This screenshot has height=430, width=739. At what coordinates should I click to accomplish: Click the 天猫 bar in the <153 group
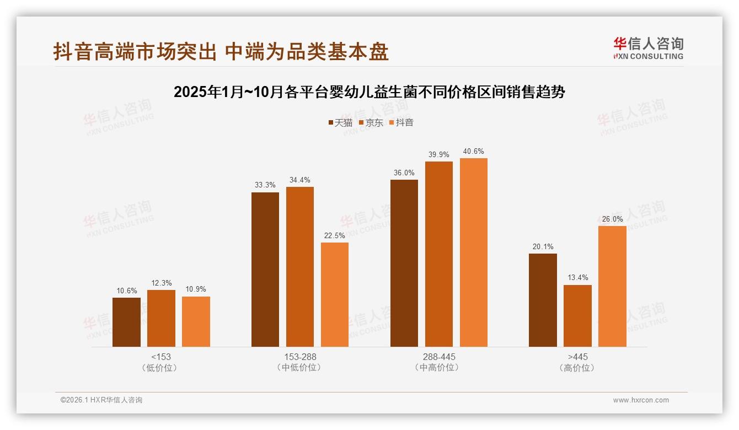tap(126, 322)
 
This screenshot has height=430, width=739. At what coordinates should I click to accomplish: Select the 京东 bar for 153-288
tap(299, 267)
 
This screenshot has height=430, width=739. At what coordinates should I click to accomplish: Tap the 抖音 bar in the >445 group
tap(612, 286)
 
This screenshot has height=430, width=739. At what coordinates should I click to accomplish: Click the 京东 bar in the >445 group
tap(577, 316)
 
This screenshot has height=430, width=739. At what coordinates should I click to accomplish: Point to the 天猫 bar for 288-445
tap(404, 263)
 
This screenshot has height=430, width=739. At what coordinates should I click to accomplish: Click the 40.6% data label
tap(473, 152)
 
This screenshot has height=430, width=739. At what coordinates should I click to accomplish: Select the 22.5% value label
tap(334, 235)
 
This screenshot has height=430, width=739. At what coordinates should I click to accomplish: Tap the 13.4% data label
tap(577, 278)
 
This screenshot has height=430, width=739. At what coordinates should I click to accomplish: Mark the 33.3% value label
tap(265, 185)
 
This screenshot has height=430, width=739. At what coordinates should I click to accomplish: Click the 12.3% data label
tap(160, 283)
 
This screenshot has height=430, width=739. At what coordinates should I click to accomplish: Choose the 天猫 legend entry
tap(340, 122)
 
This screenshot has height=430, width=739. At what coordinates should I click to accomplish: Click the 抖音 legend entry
tap(401, 122)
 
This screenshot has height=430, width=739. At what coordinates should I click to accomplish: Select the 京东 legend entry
tap(371, 122)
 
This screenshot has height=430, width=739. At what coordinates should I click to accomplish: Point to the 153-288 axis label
tap(300, 357)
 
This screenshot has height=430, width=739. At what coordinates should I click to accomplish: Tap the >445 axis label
tap(577, 357)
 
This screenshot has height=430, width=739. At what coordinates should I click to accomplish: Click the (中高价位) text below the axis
tap(438, 368)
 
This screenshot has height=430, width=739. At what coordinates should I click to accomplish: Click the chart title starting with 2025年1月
tap(369, 92)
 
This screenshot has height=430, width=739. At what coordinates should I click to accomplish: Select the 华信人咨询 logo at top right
tap(648, 48)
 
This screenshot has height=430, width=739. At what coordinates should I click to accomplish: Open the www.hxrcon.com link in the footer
tap(641, 400)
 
